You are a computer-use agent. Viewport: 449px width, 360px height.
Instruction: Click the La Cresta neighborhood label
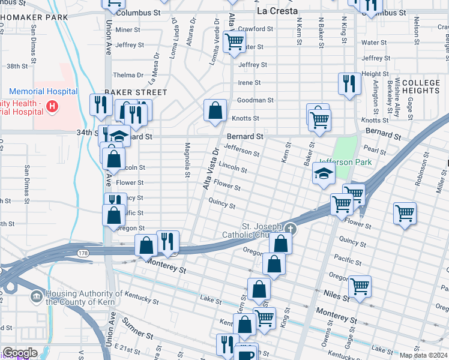pos(277,11)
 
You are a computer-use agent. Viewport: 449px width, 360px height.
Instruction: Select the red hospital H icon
pos(52,107)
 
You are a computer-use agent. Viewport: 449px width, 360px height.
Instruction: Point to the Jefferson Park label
pos(345,162)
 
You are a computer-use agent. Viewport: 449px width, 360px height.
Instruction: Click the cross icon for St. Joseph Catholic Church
pos(291,228)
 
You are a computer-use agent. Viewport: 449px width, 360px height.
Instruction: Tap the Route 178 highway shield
pos(83,254)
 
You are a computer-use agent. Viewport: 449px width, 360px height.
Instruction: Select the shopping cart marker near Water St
pos(234,42)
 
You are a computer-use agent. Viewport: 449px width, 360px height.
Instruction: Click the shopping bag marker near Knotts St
pos(215,110)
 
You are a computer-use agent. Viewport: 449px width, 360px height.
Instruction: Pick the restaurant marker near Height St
pos(349,83)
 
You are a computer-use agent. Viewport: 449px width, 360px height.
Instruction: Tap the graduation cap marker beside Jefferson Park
pos(324,173)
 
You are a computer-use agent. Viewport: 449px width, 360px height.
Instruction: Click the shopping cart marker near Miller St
pos(405,213)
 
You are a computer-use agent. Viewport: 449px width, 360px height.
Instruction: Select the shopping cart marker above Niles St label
pos(360,286)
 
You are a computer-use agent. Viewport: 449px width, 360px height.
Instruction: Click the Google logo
pos(20,353)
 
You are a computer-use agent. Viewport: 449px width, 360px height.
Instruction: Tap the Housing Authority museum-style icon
pos(37,295)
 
